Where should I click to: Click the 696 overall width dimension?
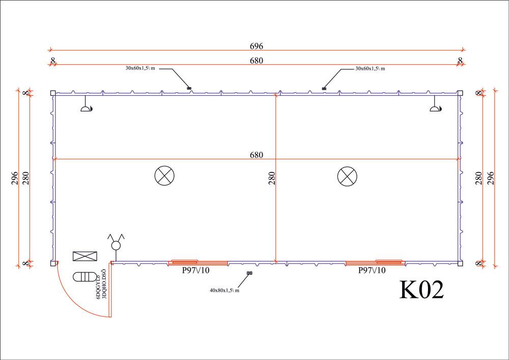tap(256, 46)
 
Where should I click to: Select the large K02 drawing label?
tap(422, 290)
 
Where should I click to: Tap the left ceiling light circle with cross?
tap(164, 176)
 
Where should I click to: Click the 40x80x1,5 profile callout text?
tap(224, 290)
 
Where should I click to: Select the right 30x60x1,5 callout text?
tap(370, 68)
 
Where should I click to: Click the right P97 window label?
tap(372, 270)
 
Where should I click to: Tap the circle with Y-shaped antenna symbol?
tap(116, 243)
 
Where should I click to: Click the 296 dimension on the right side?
tap(491, 178)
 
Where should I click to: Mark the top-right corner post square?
tap(460, 93)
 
